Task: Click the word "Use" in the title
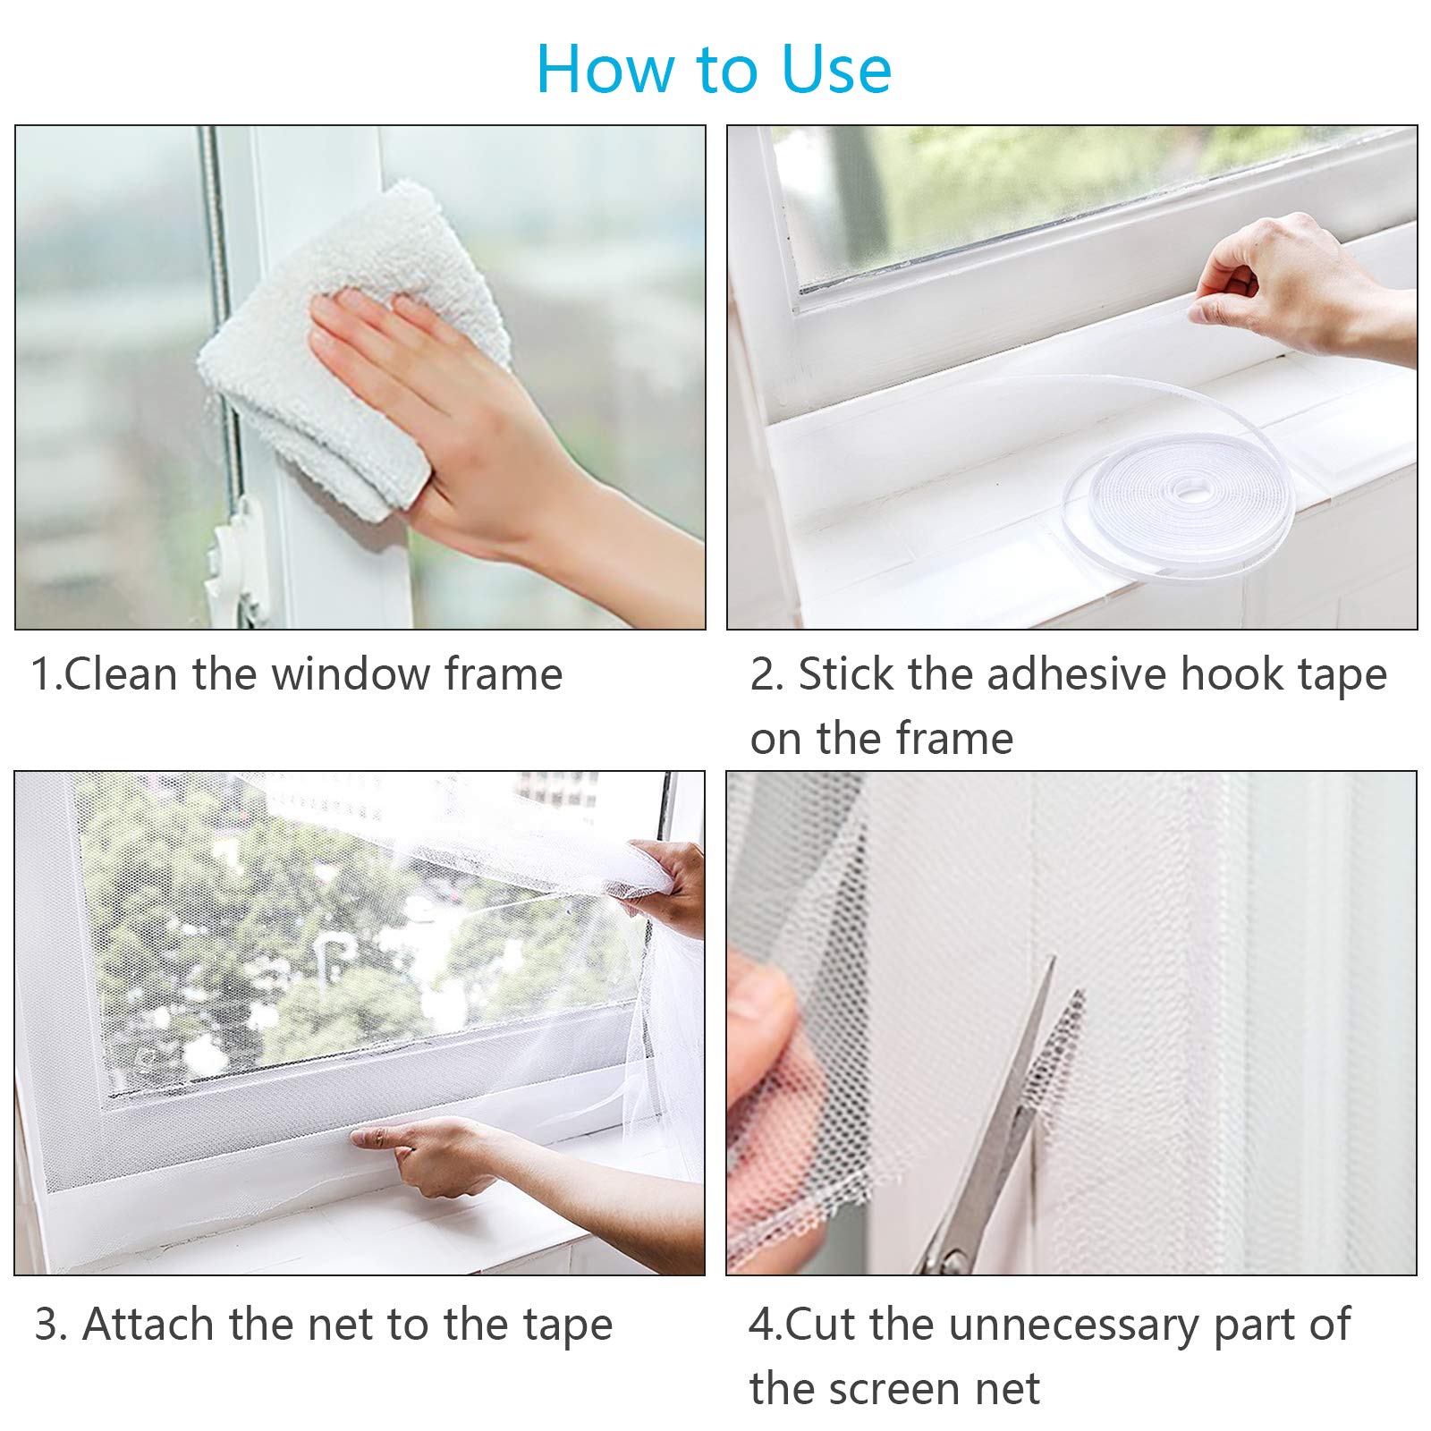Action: pyautogui.click(x=836, y=70)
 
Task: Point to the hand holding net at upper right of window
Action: pyautogui.click(x=662, y=885)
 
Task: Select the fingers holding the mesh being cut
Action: pyautogui.click(x=760, y=1055)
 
